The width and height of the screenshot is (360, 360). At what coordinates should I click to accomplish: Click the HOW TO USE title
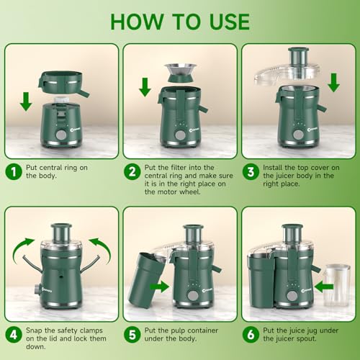180,21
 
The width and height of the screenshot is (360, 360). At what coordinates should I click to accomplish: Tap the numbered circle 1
12,172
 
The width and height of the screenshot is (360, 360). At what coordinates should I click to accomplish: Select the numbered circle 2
132,172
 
